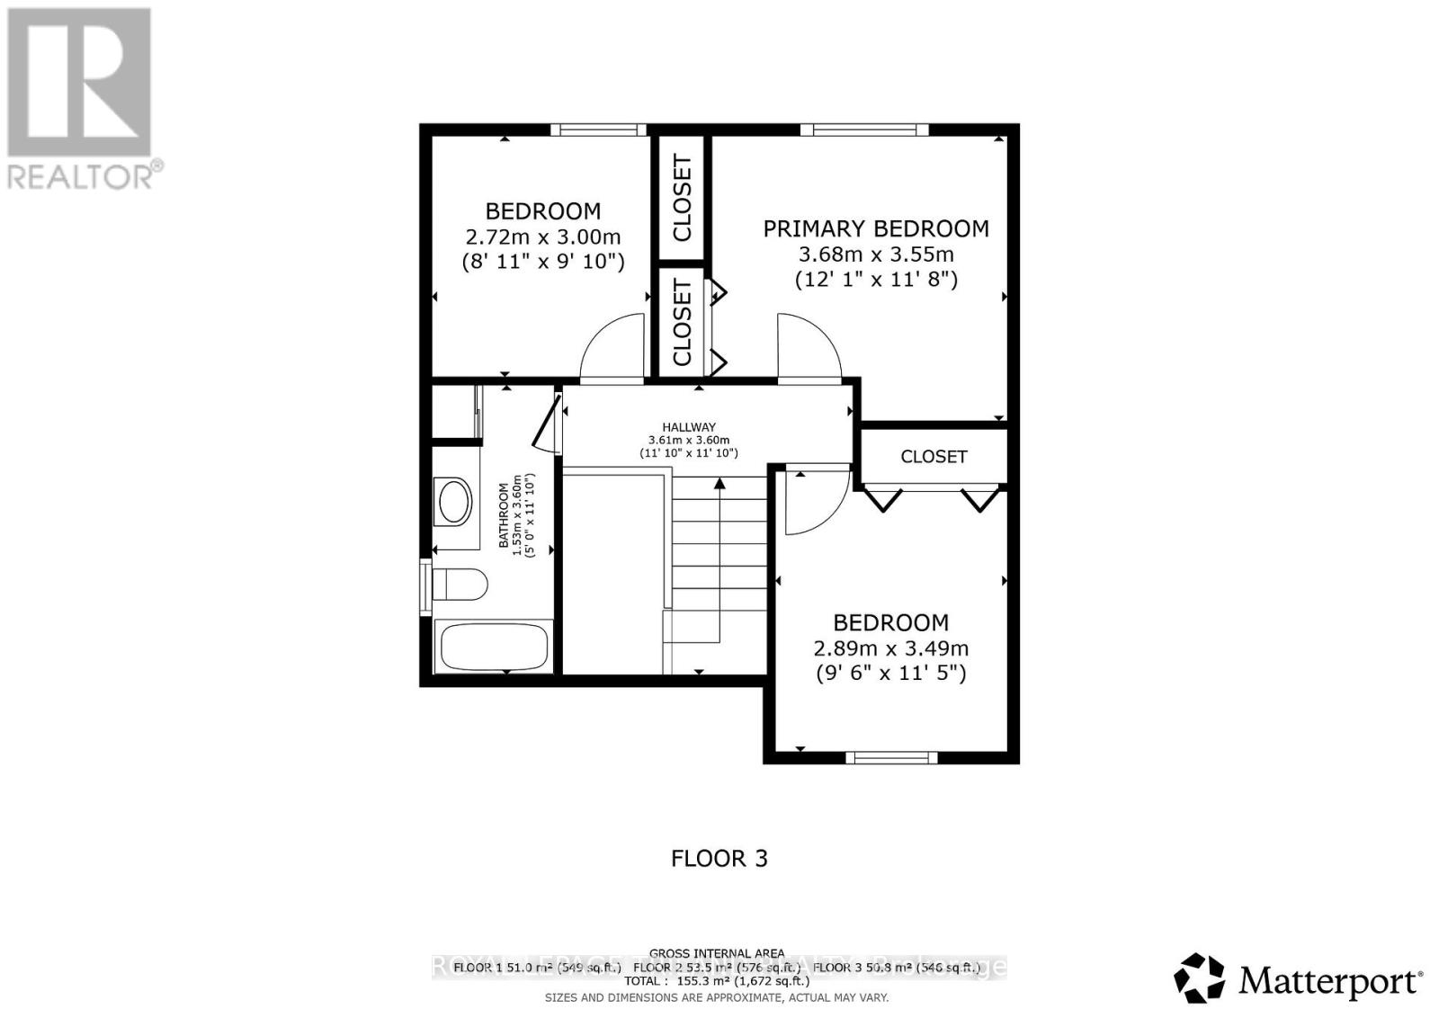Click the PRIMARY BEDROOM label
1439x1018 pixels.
[x=875, y=228]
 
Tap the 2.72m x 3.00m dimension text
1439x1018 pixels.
[x=542, y=237]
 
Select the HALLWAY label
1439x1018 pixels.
[x=689, y=427]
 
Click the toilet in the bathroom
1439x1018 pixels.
[x=459, y=584]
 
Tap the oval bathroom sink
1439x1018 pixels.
[x=453, y=502]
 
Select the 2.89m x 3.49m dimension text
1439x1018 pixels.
[x=890, y=648]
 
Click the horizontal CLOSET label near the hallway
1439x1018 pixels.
[x=934, y=457]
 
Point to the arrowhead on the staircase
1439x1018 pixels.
[x=719, y=484]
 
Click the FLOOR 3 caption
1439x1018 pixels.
[x=719, y=858]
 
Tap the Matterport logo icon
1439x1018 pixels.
[x=1199, y=978]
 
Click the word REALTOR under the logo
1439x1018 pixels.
[x=81, y=176]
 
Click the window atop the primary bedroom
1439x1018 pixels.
[x=863, y=129]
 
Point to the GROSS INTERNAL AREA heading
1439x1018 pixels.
[x=717, y=953]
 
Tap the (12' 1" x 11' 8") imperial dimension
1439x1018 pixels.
[x=875, y=280]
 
